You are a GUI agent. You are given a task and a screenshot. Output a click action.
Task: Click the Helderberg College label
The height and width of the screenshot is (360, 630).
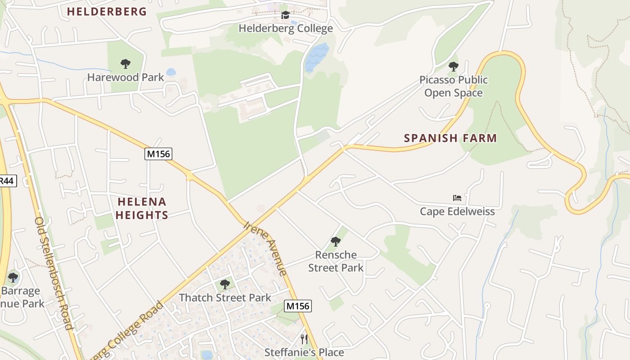pyautogui.click(x=286, y=28)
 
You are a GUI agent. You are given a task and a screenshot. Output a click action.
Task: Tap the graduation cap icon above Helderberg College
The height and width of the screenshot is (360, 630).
pyautogui.click(x=285, y=16)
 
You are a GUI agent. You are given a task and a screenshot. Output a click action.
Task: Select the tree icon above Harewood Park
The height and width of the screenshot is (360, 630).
pyautogui.click(x=126, y=64)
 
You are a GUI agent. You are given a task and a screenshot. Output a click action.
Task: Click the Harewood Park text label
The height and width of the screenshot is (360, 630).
pyautogui.click(x=126, y=77)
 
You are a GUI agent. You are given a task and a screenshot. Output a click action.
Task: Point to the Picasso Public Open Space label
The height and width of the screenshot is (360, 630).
pyautogui.click(x=453, y=86)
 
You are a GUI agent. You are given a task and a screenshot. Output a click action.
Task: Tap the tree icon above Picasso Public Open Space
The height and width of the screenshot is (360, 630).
pyautogui.click(x=453, y=67)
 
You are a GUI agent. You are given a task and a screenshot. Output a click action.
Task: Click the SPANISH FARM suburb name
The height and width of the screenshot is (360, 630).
pyautogui.click(x=450, y=138)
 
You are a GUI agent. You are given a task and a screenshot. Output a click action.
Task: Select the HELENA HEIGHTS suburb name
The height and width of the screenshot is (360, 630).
pyautogui.click(x=142, y=208)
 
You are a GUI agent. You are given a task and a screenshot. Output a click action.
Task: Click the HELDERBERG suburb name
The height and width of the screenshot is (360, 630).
pyautogui.click(x=107, y=12)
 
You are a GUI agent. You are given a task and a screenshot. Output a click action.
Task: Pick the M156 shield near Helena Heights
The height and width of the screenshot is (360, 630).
pyautogui.click(x=158, y=154)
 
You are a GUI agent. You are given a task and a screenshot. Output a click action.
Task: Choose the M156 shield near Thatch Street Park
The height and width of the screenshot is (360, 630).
pyautogui.click(x=298, y=306)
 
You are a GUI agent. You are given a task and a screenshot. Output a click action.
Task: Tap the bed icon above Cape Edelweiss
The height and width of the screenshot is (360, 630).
pyautogui.click(x=457, y=198)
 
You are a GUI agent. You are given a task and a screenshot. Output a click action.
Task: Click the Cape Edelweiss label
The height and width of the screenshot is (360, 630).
pyautogui.click(x=457, y=211)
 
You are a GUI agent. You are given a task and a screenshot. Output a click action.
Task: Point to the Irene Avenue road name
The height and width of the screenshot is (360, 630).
pyautogui.click(x=265, y=247)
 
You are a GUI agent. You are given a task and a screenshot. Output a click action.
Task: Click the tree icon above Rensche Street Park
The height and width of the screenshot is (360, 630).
pyautogui.click(x=335, y=241)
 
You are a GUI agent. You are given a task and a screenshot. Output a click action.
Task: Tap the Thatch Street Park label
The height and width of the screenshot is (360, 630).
pyautogui.click(x=225, y=297)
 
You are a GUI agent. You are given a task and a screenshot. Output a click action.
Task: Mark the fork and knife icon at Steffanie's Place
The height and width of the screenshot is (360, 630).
pyautogui.click(x=304, y=338)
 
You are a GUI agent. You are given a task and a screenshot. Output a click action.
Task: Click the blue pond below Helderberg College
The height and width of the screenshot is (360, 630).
pyautogui.click(x=316, y=57)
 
